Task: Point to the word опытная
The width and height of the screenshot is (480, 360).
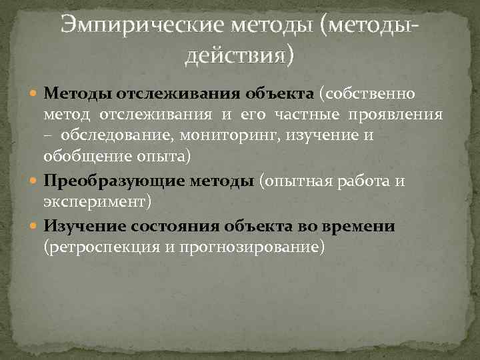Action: tap(296, 181)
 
